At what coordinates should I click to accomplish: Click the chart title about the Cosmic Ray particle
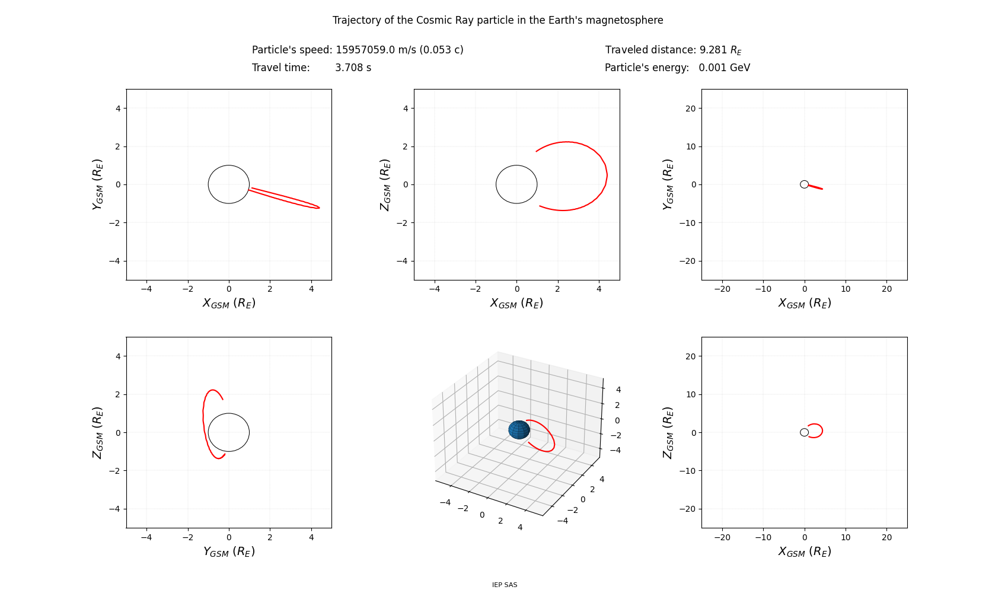tap(497, 20)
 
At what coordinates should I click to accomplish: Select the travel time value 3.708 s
tap(353, 68)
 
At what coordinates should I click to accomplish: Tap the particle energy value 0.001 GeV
tap(724, 68)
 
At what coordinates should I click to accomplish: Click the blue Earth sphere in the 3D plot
tap(519, 430)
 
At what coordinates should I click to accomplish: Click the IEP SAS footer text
tap(505, 585)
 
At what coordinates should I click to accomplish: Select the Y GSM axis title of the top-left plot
tap(98, 184)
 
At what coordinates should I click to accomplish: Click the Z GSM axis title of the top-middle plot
tap(385, 184)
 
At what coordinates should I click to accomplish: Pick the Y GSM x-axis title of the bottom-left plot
tap(229, 551)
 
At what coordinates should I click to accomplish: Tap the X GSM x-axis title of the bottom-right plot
tap(805, 551)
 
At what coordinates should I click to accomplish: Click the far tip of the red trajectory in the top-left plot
tap(319, 208)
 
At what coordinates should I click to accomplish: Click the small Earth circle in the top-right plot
tap(804, 184)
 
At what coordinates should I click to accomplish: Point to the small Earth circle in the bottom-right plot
tap(804, 432)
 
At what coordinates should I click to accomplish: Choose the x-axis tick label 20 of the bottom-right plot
tap(886, 537)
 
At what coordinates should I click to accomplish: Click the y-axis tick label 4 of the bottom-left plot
tap(117, 356)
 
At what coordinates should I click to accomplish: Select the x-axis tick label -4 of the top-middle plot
tap(434, 289)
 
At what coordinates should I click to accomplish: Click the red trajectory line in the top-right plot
tap(815, 187)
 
